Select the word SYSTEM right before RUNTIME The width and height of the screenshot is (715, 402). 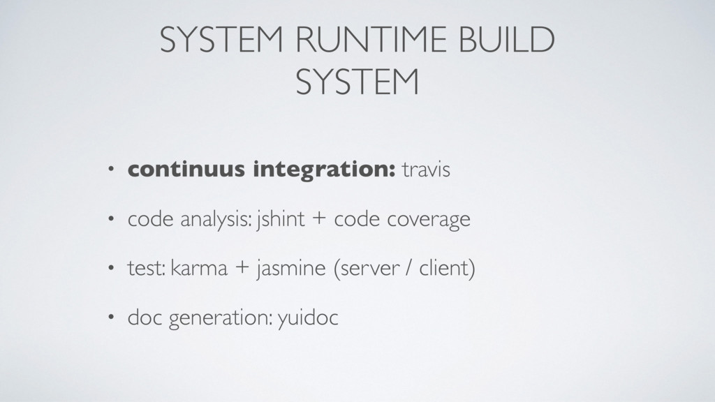(216, 44)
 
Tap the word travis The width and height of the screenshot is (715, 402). (426, 170)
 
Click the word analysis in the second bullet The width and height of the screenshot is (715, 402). (216, 221)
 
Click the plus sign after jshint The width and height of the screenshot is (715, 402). (318, 221)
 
